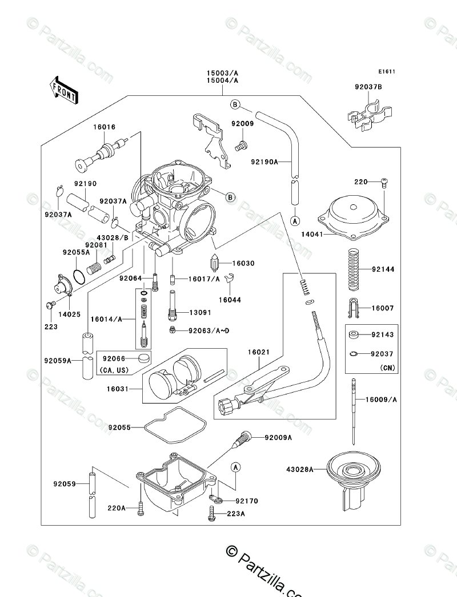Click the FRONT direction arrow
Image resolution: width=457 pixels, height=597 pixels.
point(64,90)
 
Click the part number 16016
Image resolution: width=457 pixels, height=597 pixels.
point(104,127)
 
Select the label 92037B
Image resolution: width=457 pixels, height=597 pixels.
point(368,87)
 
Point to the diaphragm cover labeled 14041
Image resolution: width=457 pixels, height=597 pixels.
point(354,220)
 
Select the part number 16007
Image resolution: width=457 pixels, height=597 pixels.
point(383,308)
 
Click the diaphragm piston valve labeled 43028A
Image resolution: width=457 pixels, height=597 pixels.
point(354,482)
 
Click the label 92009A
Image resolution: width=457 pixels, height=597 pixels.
point(278,438)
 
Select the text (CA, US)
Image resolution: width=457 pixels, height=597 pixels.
point(114,370)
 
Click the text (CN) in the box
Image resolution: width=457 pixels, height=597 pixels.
point(388,368)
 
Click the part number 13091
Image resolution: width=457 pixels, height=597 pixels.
point(200,313)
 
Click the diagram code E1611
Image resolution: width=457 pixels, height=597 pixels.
point(387,71)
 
